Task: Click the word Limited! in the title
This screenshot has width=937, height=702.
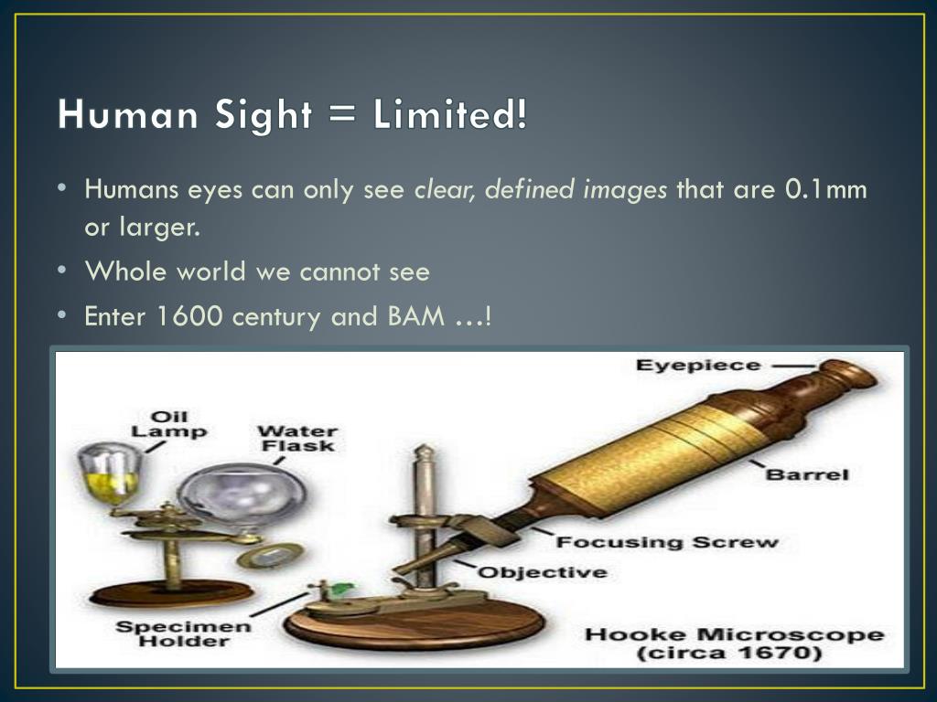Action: point(450,113)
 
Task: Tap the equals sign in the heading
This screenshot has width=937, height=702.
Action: point(342,114)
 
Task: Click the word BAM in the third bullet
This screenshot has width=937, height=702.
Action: point(416,315)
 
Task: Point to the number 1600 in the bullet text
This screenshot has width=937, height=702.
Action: point(189,315)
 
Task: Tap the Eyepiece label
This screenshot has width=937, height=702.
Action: point(698,365)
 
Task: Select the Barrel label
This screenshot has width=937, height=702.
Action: point(807,474)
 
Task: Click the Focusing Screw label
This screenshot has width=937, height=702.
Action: point(667,542)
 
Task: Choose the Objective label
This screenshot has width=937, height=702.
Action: point(543,572)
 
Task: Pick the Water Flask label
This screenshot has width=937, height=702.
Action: point(297,439)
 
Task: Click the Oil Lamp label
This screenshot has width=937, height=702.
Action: point(169,424)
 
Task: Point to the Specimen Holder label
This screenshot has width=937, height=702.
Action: point(183,634)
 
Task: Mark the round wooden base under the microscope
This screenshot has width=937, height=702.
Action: point(414,624)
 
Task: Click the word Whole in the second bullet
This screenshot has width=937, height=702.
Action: point(125,271)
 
